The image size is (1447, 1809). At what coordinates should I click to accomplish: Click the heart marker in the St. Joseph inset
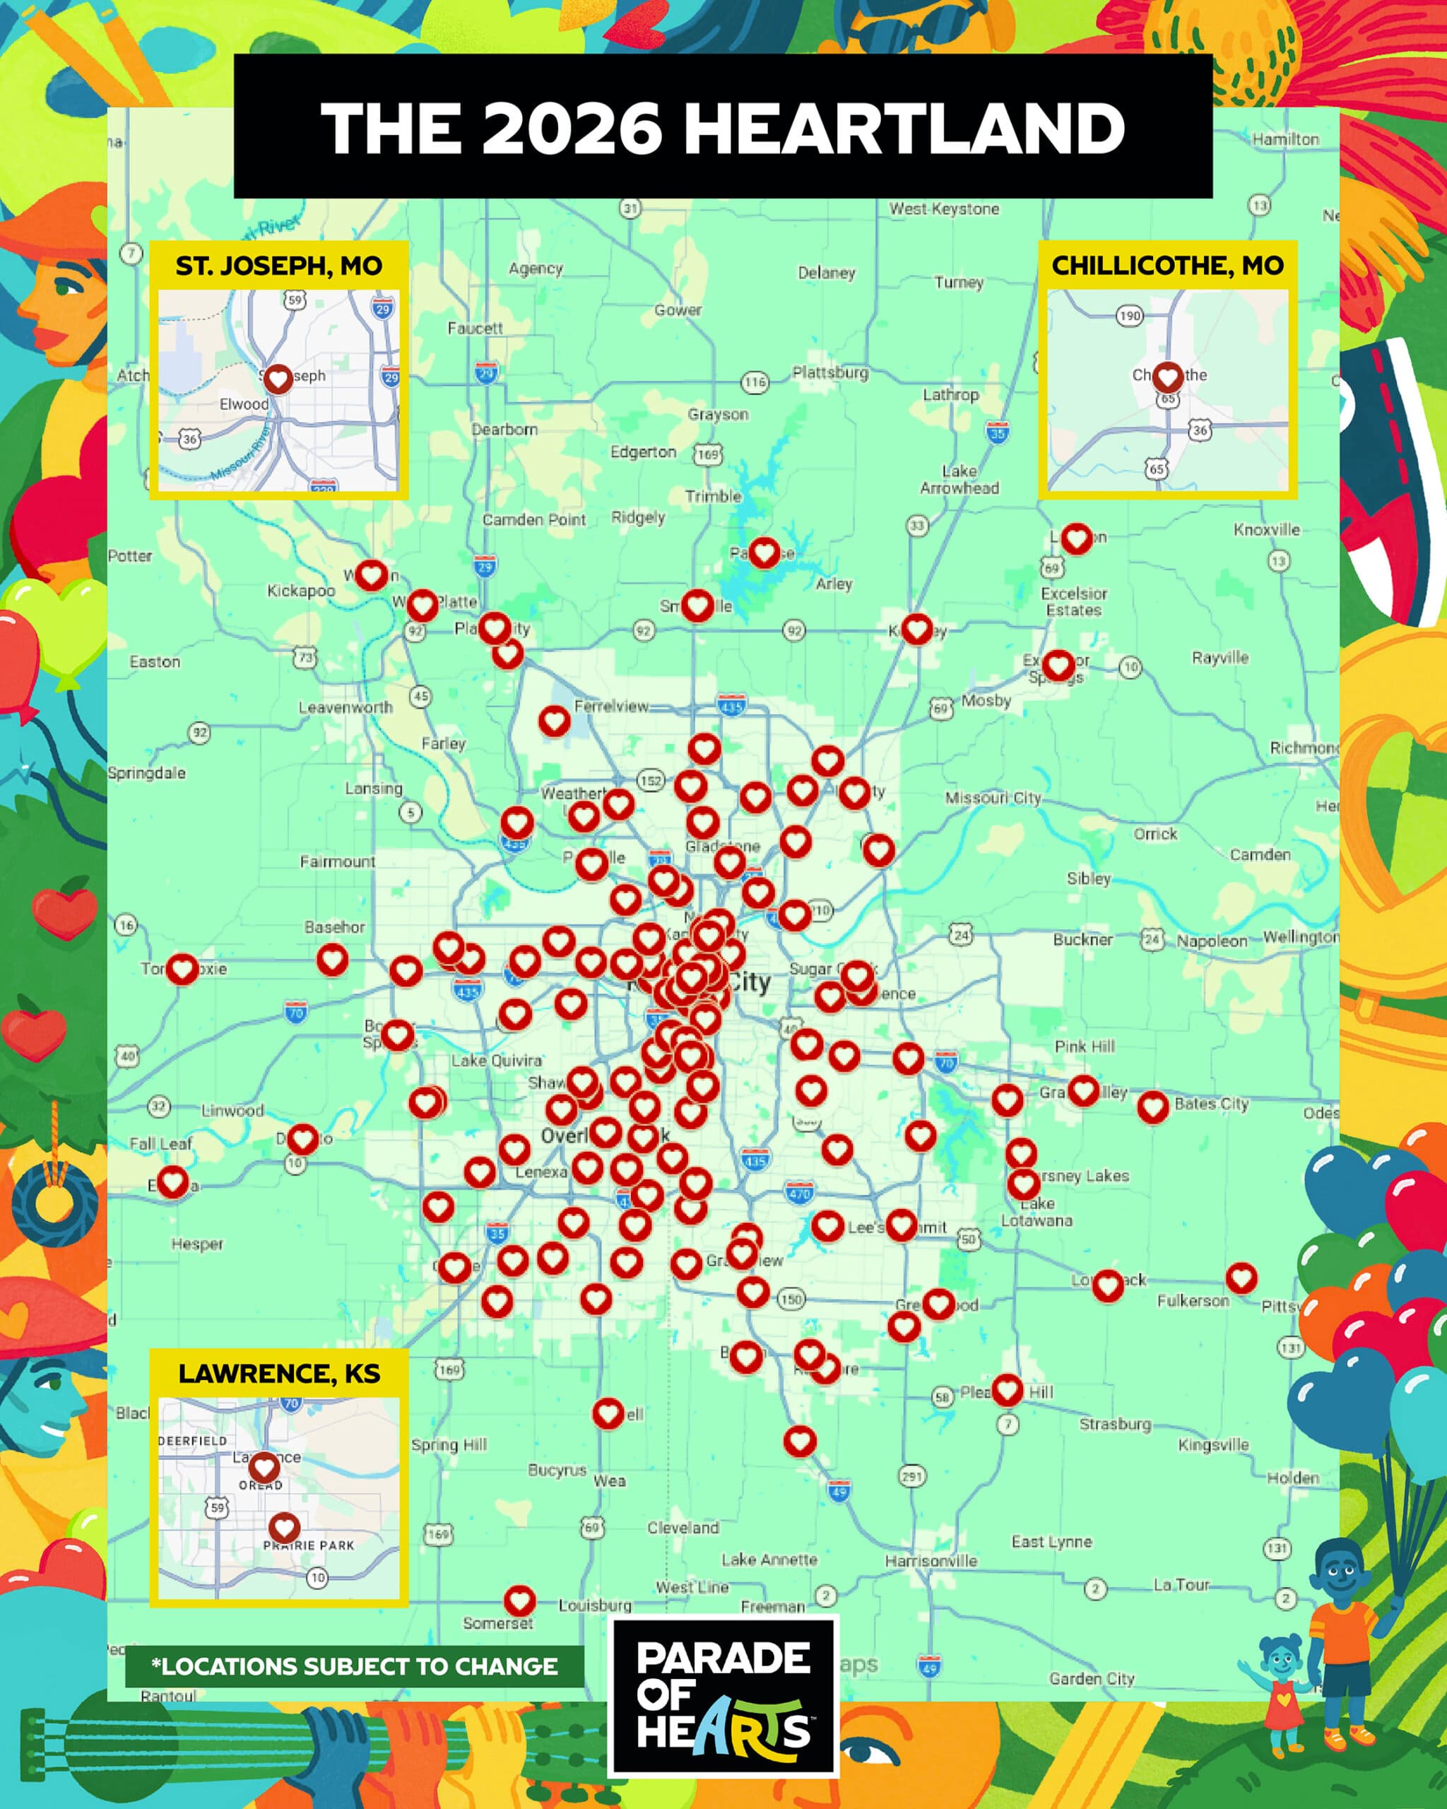(278, 379)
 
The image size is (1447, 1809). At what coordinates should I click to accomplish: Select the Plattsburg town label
(829, 372)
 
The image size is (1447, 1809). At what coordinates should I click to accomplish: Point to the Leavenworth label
(345, 707)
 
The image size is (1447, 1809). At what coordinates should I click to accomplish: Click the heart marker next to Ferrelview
(554, 720)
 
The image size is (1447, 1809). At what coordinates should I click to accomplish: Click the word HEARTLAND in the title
(904, 129)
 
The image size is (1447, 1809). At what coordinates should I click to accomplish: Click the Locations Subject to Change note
(354, 1666)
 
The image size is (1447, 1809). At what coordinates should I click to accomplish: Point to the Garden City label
(1092, 1678)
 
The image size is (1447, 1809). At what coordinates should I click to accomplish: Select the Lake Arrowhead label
(959, 479)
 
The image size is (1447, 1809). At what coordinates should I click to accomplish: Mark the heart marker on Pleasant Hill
(1007, 1389)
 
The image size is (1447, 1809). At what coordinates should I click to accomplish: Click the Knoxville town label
(1266, 529)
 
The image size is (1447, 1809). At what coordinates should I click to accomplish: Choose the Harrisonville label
(931, 1561)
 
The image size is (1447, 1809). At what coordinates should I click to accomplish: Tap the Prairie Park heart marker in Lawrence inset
(283, 1526)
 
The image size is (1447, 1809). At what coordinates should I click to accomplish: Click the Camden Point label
(533, 519)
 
